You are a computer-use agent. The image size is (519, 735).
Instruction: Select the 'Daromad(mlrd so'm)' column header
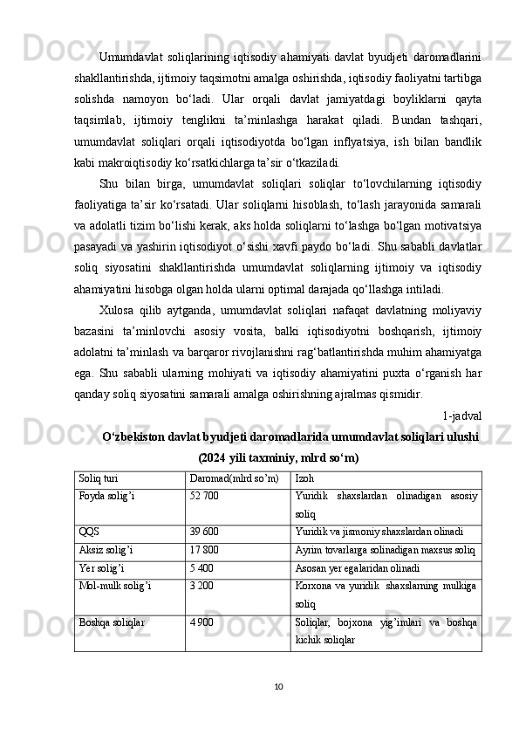pyautogui.click(x=235, y=479)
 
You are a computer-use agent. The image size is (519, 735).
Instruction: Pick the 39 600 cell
pyautogui.click(x=204, y=531)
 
